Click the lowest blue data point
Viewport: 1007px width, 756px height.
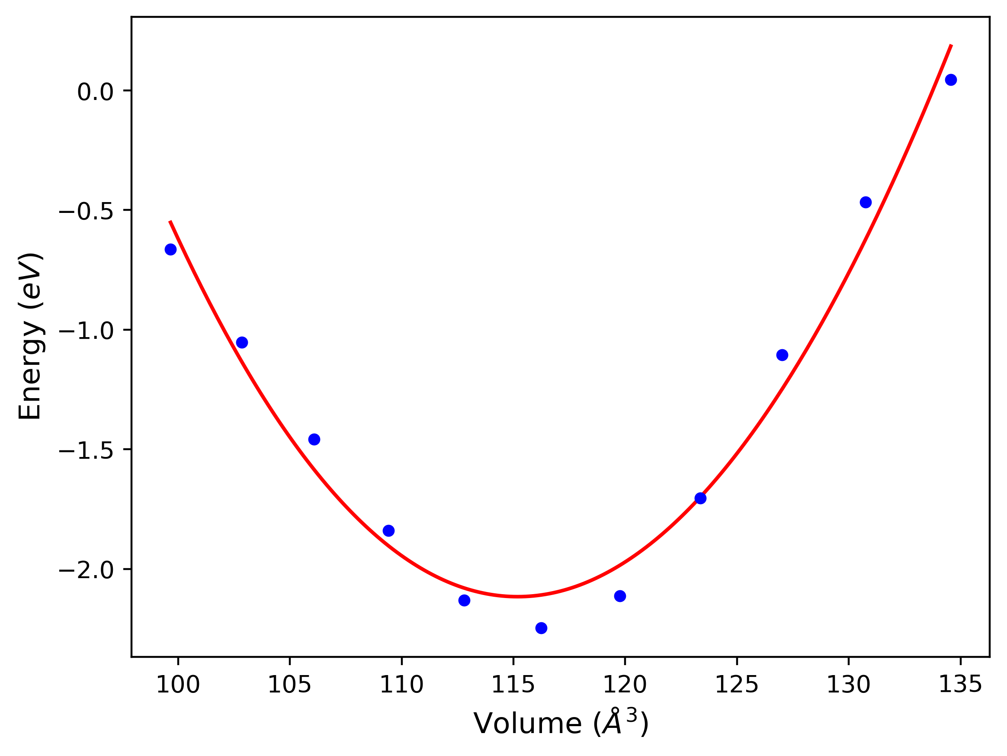(541, 628)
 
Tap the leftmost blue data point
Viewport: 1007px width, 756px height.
(171, 249)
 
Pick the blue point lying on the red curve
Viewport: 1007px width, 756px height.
(701, 498)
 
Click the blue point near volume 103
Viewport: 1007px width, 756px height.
(242, 342)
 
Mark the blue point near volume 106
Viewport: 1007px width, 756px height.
(314, 440)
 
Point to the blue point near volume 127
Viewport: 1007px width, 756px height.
(782, 355)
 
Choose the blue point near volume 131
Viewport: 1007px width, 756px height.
(866, 202)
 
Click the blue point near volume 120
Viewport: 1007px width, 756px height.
(620, 596)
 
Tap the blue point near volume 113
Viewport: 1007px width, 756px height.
(464, 601)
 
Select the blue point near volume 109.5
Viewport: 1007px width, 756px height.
(389, 531)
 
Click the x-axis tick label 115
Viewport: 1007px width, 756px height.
(513, 685)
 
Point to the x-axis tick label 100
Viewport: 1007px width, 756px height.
(178, 685)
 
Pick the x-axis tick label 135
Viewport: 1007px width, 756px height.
(960, 685)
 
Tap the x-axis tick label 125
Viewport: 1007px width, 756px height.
(737, 685)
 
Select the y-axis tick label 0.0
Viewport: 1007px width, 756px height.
(95, 93)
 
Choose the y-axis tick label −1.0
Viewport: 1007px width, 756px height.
(87, 331)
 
